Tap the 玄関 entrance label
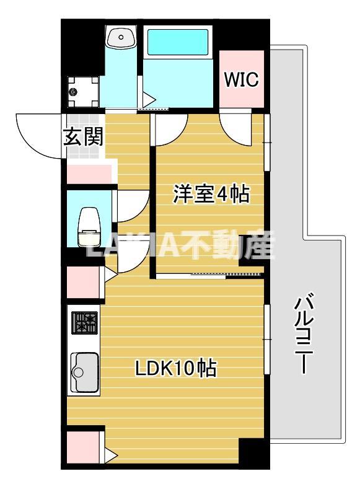pyautogui.click(x=82, y=136)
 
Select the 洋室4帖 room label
pyautogui.click(x=211, y=195)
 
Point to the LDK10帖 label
pyautogui.click(x=176, y=368)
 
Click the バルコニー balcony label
pyautogui.click(x=303, y=335)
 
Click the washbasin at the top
pyautogui.click(x=121, y=38)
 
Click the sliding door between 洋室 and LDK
pyautogui.click(x=211, y=275)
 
